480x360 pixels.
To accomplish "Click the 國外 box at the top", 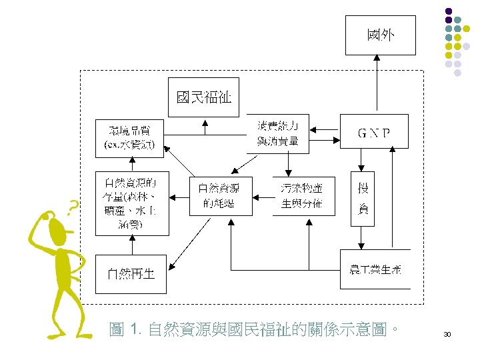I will [380, 35].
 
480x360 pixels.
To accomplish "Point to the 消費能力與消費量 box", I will [278, 133].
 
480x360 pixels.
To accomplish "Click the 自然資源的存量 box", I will [132, 203].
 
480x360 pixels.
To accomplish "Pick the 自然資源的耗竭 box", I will [221, 197].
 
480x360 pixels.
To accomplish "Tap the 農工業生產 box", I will [375, 269].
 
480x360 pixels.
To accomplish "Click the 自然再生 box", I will [132, 273].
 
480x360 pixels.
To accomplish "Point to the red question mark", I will [74, 206].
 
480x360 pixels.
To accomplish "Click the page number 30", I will [447, 333].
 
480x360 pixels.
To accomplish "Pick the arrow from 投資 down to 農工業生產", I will [363, 237].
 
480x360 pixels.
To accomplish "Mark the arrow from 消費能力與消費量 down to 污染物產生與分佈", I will [287, 164].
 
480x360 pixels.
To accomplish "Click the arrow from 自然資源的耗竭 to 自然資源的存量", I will [179, 197].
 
